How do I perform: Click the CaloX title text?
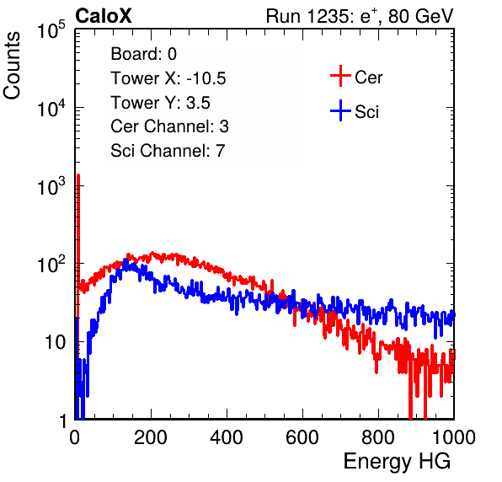104,16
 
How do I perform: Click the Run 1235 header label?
360,16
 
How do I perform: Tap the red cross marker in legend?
340,76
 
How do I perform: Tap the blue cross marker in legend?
340,110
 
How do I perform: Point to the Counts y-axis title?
12,66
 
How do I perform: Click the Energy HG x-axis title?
397,462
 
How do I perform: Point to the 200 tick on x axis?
151,437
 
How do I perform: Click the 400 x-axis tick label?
227,437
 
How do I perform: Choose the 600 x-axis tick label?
302,437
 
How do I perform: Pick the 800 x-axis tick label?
378,437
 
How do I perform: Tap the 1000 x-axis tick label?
454,437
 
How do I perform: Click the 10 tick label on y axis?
55,342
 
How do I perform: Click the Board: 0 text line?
143,54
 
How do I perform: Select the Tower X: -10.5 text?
168,78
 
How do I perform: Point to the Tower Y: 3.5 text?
160,103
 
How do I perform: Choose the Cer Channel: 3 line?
169,126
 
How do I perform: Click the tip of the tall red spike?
78,175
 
